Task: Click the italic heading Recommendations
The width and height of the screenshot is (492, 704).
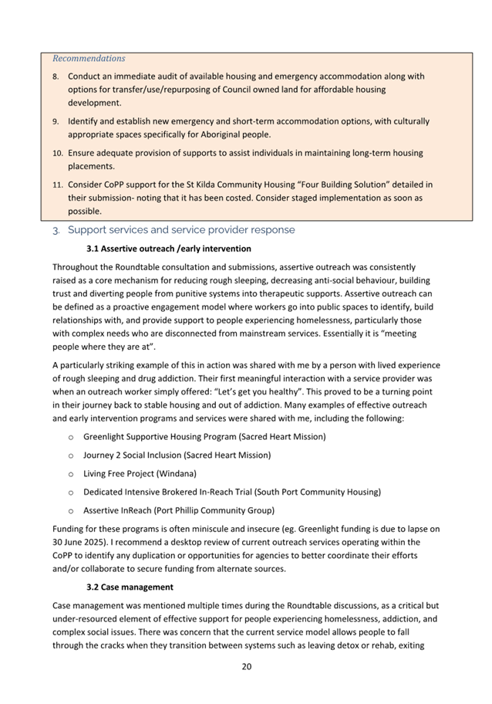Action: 89,58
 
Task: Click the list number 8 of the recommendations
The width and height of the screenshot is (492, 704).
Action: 56,77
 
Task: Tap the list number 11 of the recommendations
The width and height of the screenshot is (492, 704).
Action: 57,185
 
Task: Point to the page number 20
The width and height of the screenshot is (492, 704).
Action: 246,666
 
